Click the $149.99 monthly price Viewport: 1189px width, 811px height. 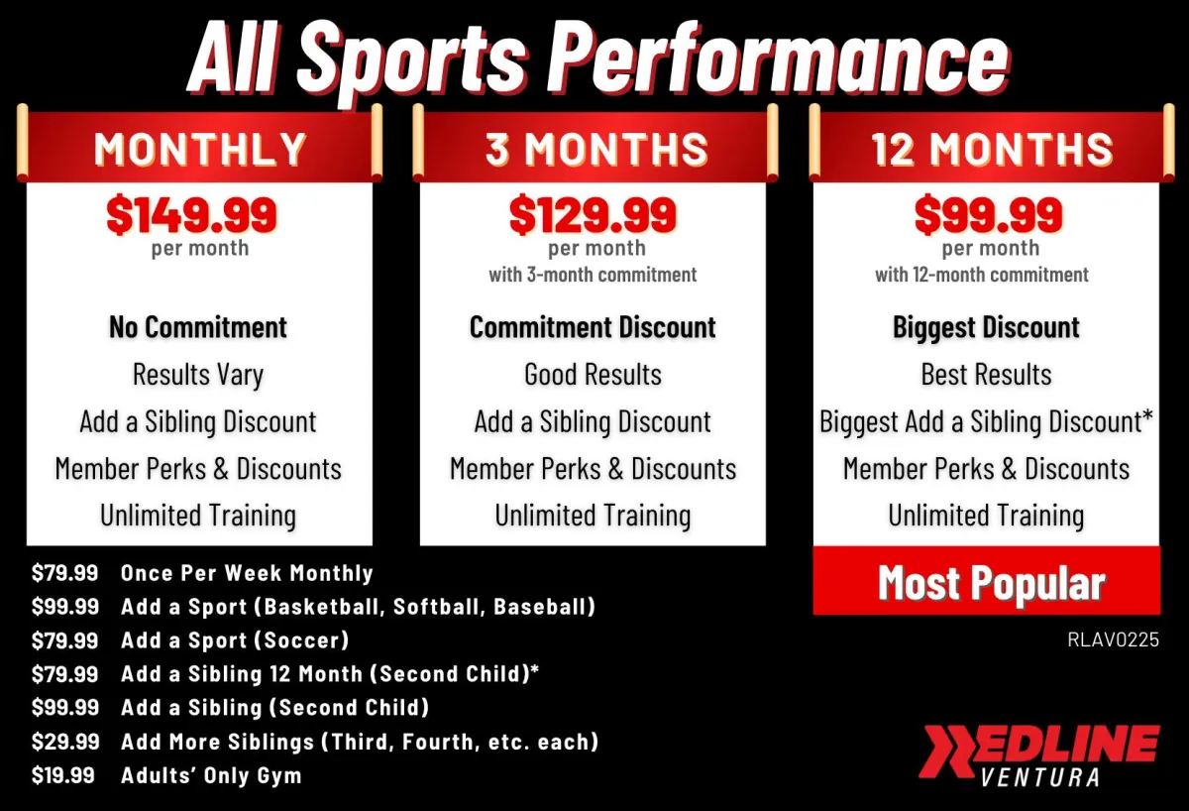click(x=191, y=214)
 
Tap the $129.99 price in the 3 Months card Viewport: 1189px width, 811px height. click(x=593, y=214)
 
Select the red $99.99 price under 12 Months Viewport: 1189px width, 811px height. click(x=989, y=214)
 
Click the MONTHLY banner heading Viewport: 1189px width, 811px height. click(x=200, y=149)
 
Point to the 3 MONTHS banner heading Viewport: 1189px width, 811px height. click(x=596, y=149)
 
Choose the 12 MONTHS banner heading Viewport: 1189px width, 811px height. click(x=992, y=149)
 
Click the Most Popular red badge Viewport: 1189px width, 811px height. click(x=987, y=581)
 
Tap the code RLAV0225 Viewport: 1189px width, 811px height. click(x=1113, y=639)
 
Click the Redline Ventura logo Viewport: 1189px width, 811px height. click(x=1038, y=754)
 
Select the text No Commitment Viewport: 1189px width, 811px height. click(x=198, y=326)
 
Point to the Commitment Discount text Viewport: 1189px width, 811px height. click(x=593, y=326)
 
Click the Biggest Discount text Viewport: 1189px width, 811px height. click(x=986, y=327)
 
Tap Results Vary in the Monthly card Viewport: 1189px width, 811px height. click(x=198, y=375)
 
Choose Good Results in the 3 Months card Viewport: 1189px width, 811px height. click(x=593, y=374)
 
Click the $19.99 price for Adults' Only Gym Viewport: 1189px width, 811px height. click(x=63, y=775)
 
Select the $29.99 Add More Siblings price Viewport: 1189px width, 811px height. click(x=65, y=741)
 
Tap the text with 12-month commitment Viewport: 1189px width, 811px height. click(x=982, y=275)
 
